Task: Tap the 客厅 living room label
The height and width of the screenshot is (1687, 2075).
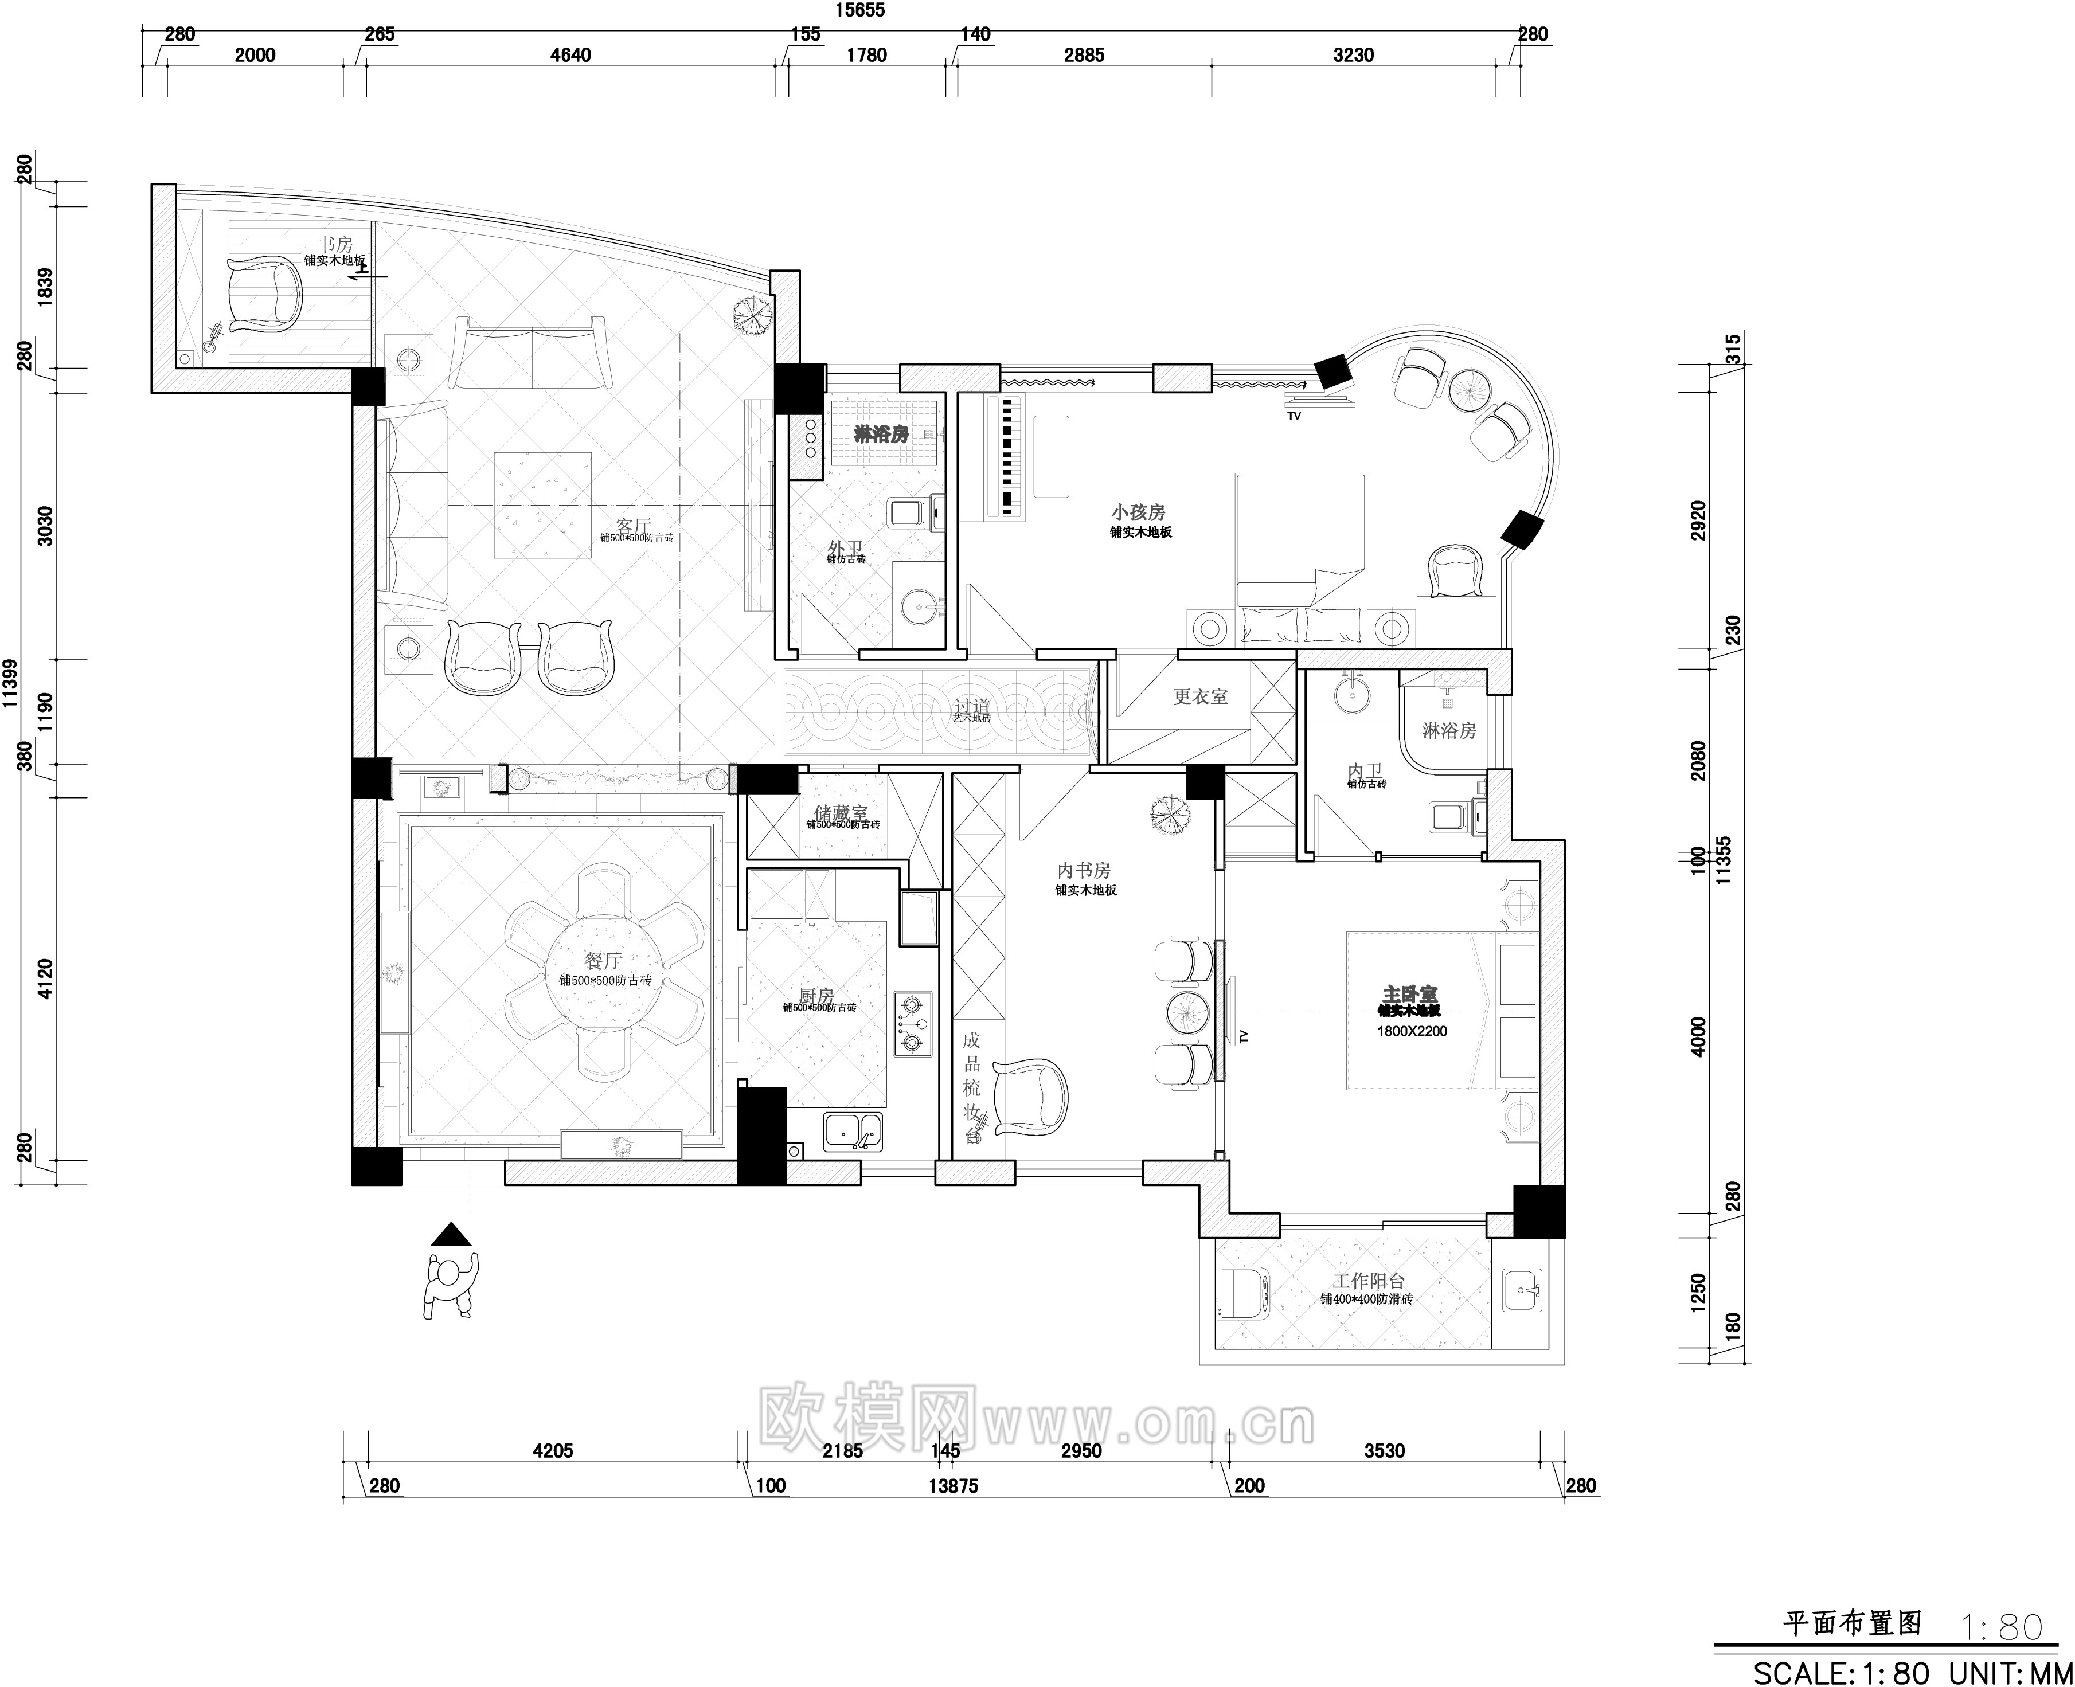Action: [x=632, y=526]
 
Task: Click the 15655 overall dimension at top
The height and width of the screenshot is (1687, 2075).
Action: [x=861, y=11]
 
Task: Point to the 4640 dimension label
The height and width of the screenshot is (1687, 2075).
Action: [x=570, y=56]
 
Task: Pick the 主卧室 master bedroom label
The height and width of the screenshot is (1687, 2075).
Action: [x=1410, y=994]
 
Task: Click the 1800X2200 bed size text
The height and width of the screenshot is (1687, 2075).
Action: [x=1411, y=1031]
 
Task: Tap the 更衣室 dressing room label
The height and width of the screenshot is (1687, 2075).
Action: [x=1200, y=697]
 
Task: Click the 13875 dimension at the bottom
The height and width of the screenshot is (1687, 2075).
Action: [x=954, y=1486]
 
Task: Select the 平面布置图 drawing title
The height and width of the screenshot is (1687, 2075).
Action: [x=1853, y=1623]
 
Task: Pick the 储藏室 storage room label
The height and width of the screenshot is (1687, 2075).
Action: [x=841, y=812]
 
